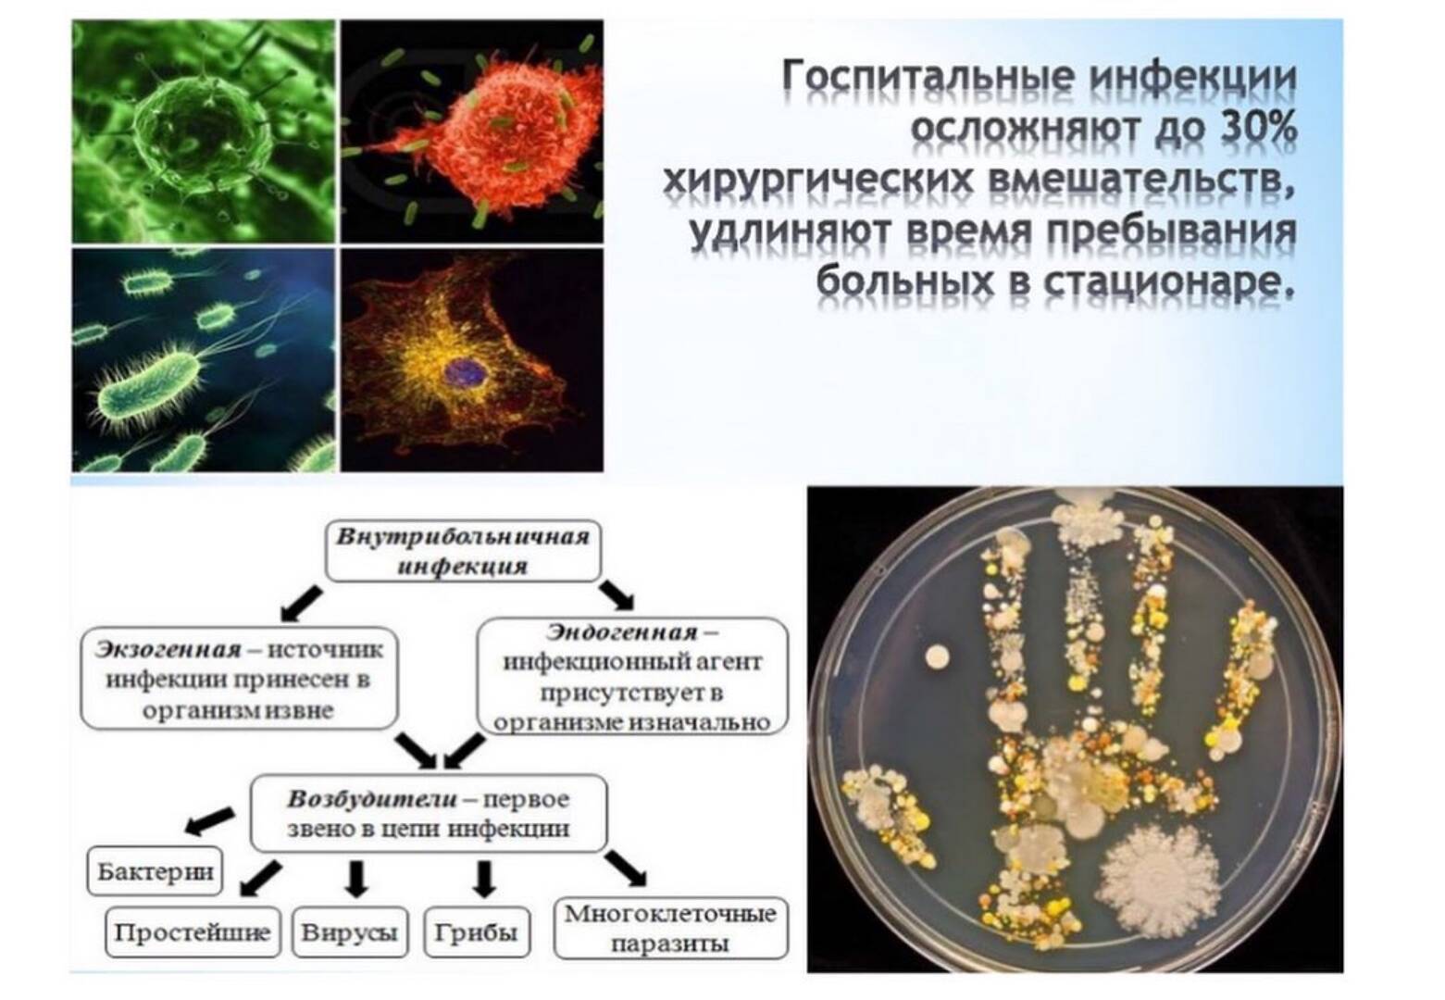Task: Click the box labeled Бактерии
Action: coord(155,871)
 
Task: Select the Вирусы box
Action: coord(350,932)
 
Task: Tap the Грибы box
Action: coord(477,932)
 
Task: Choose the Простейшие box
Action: coord(193,932)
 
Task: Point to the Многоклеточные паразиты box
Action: coord(671,929)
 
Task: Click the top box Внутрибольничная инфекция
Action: coord(463,551)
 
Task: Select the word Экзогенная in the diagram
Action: coord(168,648)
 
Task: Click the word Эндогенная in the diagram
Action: coord(622,632)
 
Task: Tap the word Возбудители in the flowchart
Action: coord(372,799)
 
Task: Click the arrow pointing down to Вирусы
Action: coord(355,879)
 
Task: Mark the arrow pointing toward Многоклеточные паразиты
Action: coord(625,869)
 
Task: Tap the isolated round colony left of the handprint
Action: coord(937,657)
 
